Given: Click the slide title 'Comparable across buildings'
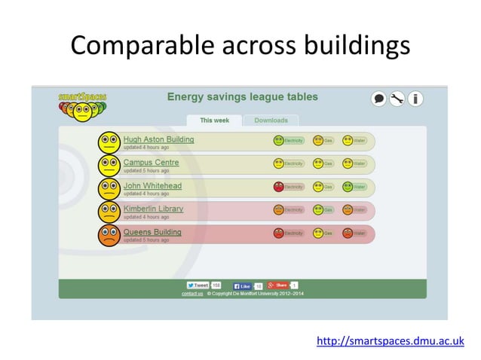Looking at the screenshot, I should point(240,46).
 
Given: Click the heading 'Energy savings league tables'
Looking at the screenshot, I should point(242,97).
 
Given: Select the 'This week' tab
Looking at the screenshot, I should point(215,121).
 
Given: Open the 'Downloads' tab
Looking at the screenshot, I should point(271,121).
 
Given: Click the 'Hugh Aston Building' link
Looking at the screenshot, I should point(158,139).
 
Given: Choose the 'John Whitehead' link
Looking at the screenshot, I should point(153,185).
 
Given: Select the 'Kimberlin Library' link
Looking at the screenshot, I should point(153,209).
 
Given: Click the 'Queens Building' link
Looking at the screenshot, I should point(152,232).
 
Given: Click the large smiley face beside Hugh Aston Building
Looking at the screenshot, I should point(109,142).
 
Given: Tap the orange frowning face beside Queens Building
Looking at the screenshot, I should point(109,235).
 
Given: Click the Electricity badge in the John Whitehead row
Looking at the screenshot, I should point(289,187).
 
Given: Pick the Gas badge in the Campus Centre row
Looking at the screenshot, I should point(323,163).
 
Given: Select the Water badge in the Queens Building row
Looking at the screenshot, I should point(354,233).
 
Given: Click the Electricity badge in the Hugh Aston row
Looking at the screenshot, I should point(289,140).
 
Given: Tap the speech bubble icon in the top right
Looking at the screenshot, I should point(378,99).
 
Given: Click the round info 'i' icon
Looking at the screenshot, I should point(415,99).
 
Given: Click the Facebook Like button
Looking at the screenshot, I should point(245,285).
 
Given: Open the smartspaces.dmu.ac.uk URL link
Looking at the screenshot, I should point(389,342).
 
